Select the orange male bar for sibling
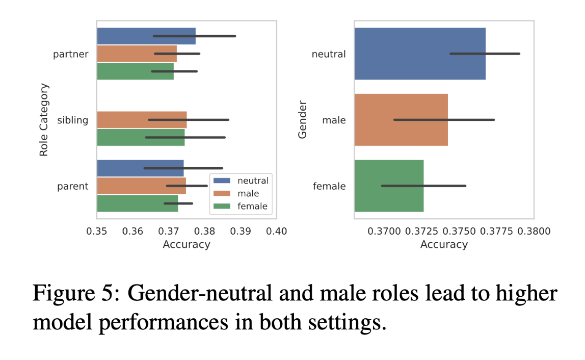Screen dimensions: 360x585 tap(141, 120)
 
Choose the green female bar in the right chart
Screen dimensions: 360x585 tap(389, 186)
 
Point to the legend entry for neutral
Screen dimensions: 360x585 tap(240, 181)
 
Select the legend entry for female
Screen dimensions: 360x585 tap(240, 206)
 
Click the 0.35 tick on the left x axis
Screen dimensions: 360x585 tap(97, 231)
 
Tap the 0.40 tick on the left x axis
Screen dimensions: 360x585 tap(276, 231)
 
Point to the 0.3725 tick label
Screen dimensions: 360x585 tap(419, 231)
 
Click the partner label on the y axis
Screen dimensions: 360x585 tap(70, 54)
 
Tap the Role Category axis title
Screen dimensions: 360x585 tap(44, 120)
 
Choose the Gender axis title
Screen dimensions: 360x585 tap(303, 120)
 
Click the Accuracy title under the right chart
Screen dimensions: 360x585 tap(444, 245)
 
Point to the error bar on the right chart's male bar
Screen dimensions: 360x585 tap(444, 120)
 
